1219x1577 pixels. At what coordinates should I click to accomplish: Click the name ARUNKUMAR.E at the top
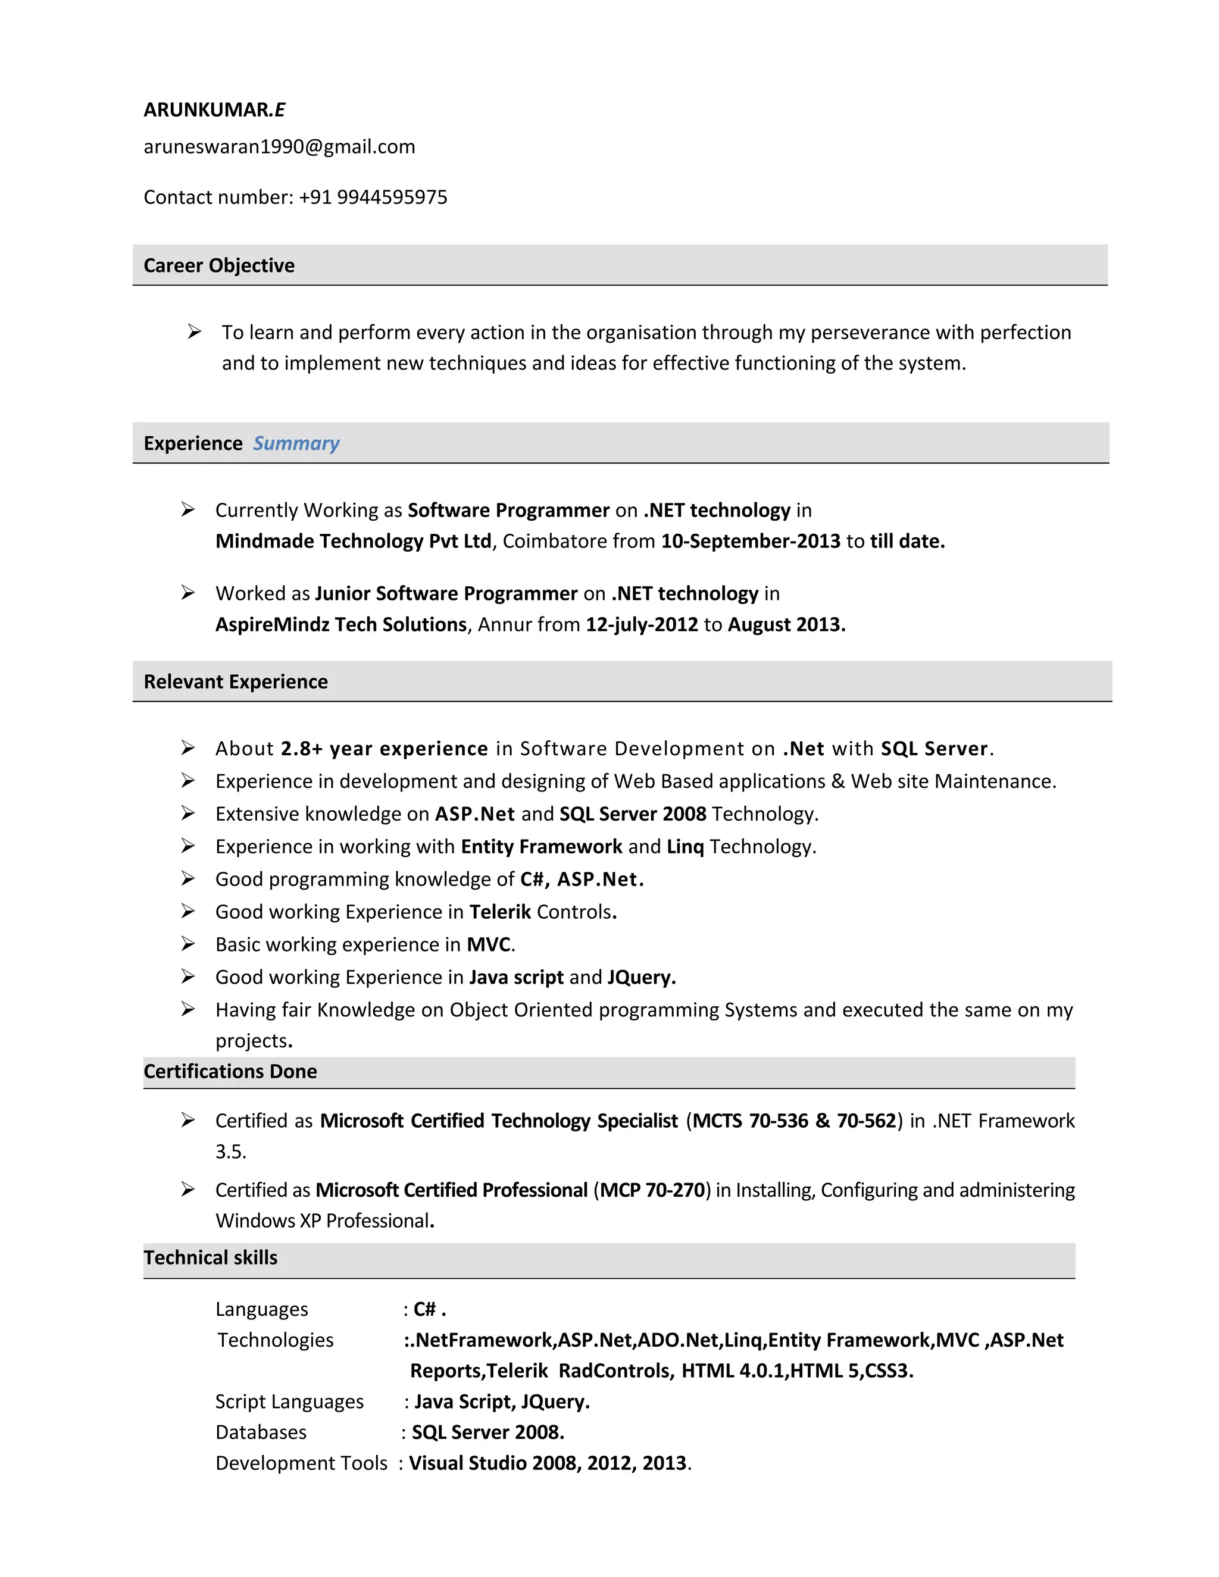pos(214,109)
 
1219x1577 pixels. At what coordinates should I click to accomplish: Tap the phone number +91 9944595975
pos(373,197)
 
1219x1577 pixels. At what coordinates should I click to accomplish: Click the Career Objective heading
pos(219,266)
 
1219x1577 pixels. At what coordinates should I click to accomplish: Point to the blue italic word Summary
pos(295,443)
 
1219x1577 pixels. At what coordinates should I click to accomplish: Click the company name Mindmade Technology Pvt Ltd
pos(353,541)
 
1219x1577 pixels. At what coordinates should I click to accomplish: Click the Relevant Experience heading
pos(236,681)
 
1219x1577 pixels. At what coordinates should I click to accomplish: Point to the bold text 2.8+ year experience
pos(384,749)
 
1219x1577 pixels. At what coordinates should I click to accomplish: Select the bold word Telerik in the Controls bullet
pos(500,912)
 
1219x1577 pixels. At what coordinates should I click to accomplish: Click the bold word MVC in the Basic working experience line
pos(488,944)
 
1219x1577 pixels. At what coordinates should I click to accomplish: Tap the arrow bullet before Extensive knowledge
pos(187,813)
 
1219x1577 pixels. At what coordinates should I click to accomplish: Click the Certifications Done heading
pos(230,1072)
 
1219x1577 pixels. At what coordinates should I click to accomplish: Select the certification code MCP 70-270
pos(652,1190)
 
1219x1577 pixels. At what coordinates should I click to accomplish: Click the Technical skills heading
pos(210,1258)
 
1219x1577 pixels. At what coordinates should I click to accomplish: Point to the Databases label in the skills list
pos(261,1432)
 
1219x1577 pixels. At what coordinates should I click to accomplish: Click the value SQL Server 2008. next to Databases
pos(487,1432)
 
